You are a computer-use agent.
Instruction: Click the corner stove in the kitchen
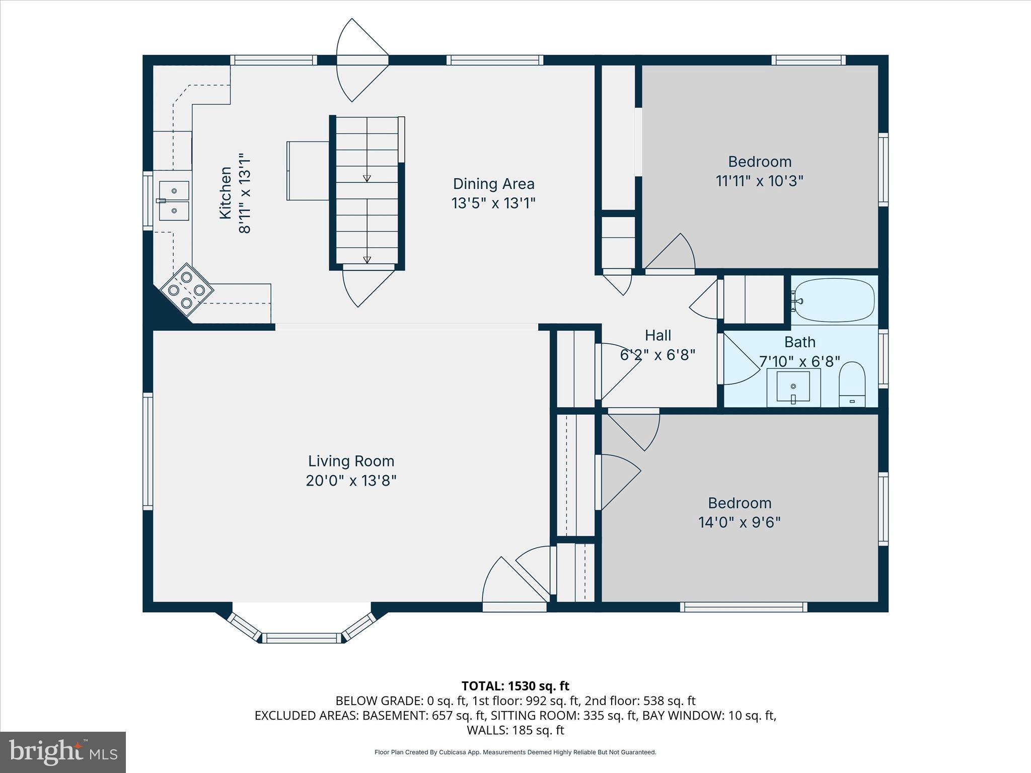coord(187,290)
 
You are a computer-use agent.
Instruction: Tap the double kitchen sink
coord(174,201)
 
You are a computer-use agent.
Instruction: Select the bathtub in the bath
coord(834,300)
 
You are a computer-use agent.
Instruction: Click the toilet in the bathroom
coord(852,383)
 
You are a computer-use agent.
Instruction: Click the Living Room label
coord(351,461)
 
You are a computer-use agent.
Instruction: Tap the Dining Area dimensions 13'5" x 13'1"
coord(493,203)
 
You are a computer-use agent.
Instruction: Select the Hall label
coord(658,335)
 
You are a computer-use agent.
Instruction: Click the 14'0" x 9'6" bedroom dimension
coord(739,522)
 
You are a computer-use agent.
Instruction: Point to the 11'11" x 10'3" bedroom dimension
coord(759,181)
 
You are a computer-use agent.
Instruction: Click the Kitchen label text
coord(225,193)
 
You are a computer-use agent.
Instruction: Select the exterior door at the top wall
coord(362,60)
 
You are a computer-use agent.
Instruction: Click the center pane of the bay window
coord(302,638)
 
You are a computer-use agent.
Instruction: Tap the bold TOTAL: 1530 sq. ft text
coord(515,685)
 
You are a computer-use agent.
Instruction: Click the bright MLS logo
coord(63,752)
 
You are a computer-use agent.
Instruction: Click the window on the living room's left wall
coord(148,451)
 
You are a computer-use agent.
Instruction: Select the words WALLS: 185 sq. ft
coord(515,730)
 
